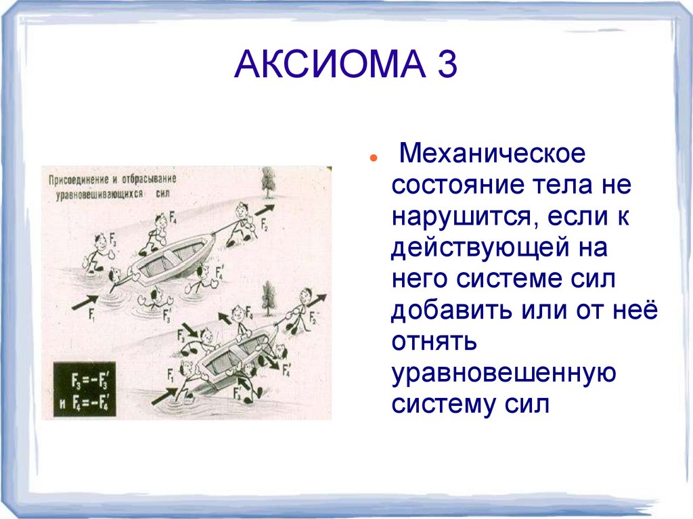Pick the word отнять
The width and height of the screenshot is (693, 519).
(434, 342)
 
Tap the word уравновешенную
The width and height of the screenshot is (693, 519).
(503, 374)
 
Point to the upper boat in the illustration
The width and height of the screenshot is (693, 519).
(169, 256)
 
